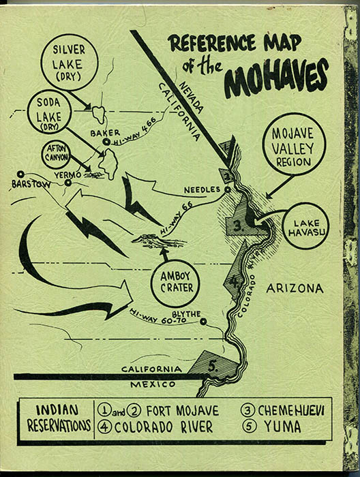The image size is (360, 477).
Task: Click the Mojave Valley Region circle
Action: pyautogui.click(x=295, y=144)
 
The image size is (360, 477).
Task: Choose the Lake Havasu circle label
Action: pyautogui.click(x=305, y=227)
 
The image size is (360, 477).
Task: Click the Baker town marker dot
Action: pyautogui.click(x=108, y=142)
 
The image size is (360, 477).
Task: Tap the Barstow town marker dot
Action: pyautogui.click(x=21, y=174)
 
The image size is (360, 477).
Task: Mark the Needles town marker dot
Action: pyautogui.click(x=226, y=190)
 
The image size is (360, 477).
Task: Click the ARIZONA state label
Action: pyautogui.click(x=295, y=289)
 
